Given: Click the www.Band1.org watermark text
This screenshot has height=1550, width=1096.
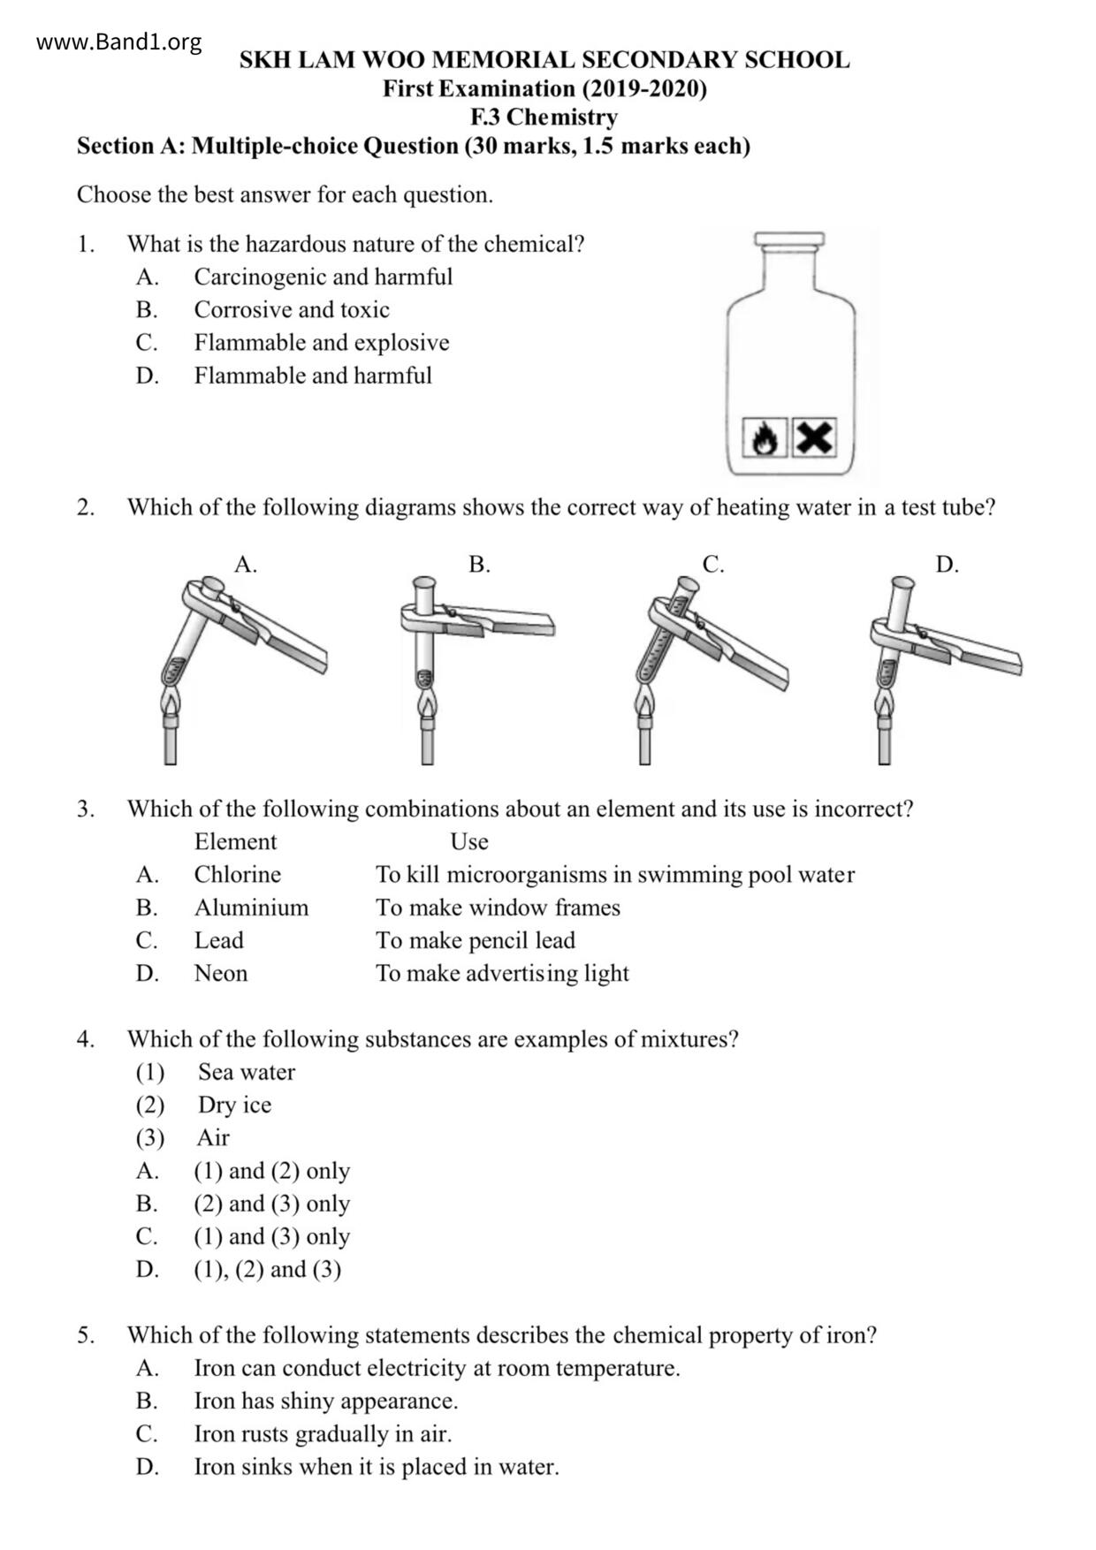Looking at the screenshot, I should tap(118, 42).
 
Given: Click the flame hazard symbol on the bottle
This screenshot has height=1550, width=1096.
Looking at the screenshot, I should tap(764, 437).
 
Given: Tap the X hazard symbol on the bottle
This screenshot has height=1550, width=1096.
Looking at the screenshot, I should tap(813, 437).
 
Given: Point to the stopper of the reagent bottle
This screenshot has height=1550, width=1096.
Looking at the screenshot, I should tap(789, 239).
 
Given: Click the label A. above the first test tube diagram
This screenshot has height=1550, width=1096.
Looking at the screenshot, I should tap(246, 565).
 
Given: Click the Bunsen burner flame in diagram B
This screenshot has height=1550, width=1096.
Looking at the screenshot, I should tap(427, 704).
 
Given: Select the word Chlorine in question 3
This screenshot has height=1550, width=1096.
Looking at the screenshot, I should tap(237, 874).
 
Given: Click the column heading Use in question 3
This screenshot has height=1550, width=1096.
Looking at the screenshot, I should tap(468, 841).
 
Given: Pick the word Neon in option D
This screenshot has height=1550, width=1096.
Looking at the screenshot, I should tap(220, 973).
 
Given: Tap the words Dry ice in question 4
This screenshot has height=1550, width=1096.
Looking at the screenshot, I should tap(234, 1105).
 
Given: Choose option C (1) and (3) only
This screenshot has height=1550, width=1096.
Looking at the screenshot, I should tap(271, 1236).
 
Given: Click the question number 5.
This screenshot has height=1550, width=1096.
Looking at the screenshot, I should tap(85, 1334).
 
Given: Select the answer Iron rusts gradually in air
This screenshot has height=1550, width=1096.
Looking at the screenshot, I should tap(323, 1433).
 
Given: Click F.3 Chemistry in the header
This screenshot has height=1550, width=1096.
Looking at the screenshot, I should tap(544, 117).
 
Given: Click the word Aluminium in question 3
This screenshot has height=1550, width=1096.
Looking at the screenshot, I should tap(251, 908).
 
